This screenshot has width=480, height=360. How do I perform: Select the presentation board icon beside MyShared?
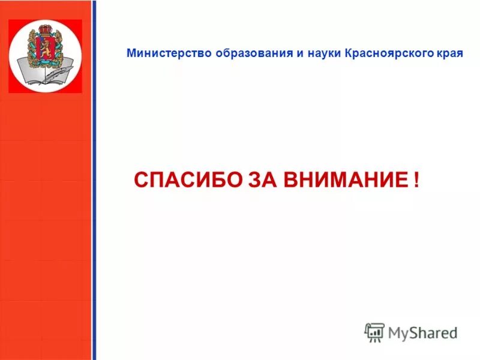374,332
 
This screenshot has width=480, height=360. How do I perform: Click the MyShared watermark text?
422,332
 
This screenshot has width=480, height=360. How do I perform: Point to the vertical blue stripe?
94,180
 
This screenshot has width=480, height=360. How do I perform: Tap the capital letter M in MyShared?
395,332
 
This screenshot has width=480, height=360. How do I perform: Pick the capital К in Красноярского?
349,53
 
